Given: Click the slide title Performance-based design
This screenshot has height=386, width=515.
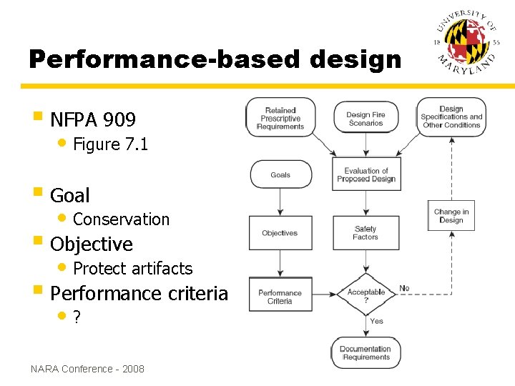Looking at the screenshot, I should point(215,59).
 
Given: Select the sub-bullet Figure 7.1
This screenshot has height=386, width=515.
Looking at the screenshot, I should point(110,144).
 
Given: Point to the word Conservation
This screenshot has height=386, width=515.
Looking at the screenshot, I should point(121,219).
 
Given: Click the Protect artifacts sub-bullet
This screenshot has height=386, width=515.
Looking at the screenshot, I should point(132,269).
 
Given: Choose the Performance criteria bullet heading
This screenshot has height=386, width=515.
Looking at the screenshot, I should point(139,294).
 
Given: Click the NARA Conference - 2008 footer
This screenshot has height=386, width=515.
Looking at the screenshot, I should point(87,369).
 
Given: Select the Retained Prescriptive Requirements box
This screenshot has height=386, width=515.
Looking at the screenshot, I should point(280,119).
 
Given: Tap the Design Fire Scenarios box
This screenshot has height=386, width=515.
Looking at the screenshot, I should point(366,119).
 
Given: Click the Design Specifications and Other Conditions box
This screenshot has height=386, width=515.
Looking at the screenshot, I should point(451,117).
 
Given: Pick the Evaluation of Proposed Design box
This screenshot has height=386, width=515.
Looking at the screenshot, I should point(366,174).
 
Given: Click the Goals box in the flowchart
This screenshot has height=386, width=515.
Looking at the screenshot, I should point(280,174).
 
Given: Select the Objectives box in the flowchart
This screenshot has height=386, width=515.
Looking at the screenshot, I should point(280,233).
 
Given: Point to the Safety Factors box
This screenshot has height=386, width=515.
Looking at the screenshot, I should point(366,233).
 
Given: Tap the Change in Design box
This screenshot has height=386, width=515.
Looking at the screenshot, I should point(451,216).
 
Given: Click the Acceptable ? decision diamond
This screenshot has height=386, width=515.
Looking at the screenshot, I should point(366,294).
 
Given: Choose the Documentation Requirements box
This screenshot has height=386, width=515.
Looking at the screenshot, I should point(366,353).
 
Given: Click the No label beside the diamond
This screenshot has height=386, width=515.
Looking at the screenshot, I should point(404,288).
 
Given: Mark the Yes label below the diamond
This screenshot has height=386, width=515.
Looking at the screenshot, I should point(376,322).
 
